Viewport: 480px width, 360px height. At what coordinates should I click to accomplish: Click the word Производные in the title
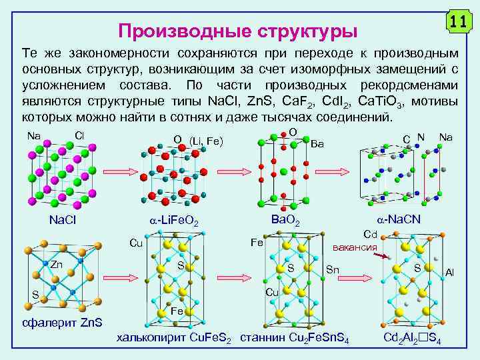(x=173, y=31)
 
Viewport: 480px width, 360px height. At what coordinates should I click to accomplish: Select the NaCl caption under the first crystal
(x=66, y=221)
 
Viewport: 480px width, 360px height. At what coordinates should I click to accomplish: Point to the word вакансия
(x=355, y=247)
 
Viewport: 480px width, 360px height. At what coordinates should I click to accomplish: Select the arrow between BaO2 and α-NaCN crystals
(x=337, y=172)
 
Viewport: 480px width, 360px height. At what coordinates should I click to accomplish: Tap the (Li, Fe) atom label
(x=205, y=141)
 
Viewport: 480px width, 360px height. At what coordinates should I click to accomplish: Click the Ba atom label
(x=317, y=143)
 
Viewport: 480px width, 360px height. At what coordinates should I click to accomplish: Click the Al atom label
(x=451, y=273)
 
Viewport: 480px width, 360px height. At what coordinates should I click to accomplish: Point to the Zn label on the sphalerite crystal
(x=57, y=265)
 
